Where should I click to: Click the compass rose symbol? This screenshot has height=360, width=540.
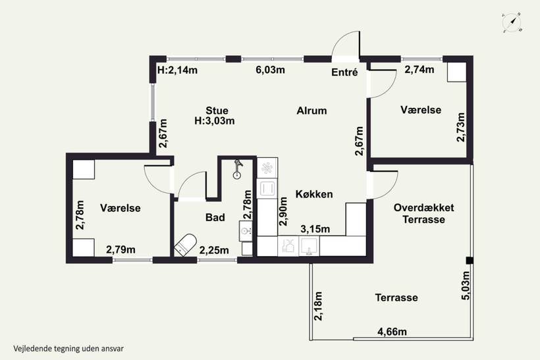tap(512, 23)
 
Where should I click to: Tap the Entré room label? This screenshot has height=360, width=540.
tap(344, 72)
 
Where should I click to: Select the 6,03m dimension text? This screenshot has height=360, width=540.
tap(271, 70)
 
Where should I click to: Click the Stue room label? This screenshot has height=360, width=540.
tap(217, 111)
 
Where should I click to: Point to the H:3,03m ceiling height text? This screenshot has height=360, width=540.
tap(215, 121)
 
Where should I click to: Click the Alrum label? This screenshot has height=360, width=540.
tap(311, 111)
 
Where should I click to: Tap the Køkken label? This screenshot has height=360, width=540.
tap(314, 194)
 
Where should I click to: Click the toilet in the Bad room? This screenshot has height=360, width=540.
tap(185, 245)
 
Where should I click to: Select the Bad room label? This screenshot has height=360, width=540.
tap(215, 217)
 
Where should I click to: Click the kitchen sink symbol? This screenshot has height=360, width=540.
tap(309, 246)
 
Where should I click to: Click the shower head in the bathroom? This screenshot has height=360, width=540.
tap(237, 169)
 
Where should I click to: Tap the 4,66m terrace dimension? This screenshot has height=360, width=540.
tap(392, 332)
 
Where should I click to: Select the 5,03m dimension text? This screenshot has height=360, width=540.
tap(466, 286)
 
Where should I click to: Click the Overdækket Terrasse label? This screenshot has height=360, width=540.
tap(423, 213)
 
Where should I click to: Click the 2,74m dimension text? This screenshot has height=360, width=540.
tap(419, 70)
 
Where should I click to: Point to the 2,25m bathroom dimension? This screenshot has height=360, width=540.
tap(214, 250)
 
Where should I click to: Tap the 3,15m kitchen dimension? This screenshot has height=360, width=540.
tap(315, 229)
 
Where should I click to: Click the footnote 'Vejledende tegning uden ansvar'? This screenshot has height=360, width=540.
tap(68, 349)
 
